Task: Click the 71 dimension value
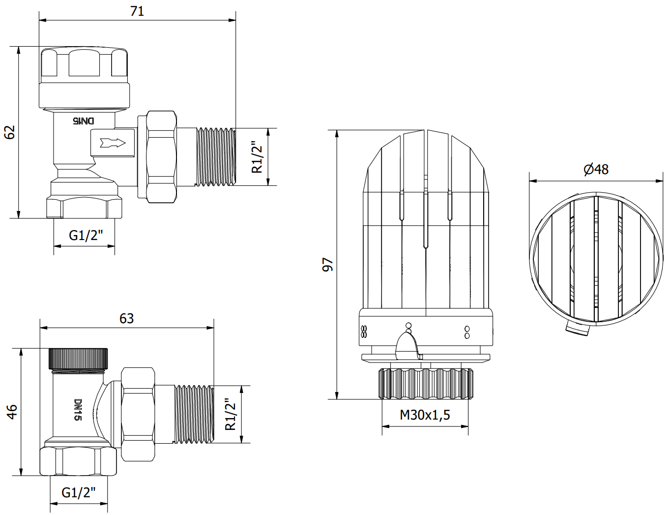pos(137,11)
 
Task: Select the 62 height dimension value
pos(10,132)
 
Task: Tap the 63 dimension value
pos(126,318)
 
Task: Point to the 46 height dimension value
pos(12,412)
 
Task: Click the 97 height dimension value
pos(327,265)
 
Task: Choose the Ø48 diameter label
pos(596,169)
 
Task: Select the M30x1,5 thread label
pos(425,415)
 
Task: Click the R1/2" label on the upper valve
pos(257,157)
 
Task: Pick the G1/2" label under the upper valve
pos(86,236)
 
